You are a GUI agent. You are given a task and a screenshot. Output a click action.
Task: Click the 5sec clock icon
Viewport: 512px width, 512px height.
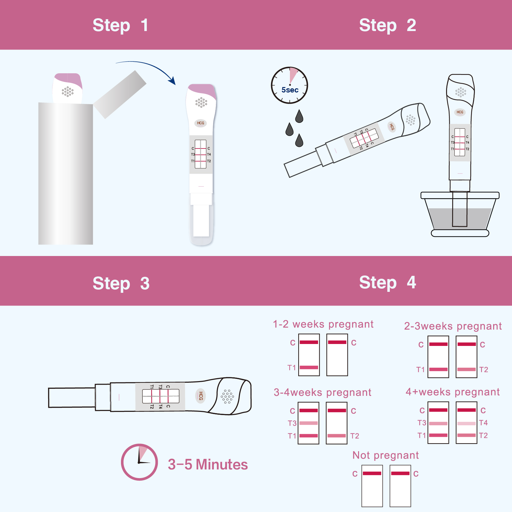pos(290,85)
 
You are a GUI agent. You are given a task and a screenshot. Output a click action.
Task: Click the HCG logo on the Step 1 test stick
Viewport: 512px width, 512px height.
pos(201,123)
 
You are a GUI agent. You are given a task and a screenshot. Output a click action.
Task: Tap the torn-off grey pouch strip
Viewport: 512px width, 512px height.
pos(120,94)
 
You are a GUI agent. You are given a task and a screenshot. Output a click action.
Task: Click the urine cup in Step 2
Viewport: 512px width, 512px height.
pos(460,214)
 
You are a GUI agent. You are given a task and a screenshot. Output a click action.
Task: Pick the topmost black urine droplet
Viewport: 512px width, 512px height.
pos(299,116)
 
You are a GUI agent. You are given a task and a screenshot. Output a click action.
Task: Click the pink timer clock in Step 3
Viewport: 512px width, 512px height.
pos(140,462)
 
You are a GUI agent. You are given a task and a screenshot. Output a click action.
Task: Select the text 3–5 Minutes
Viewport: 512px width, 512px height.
pos(208,464)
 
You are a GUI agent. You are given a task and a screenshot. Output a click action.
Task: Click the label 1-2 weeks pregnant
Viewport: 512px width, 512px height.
pos(323,324)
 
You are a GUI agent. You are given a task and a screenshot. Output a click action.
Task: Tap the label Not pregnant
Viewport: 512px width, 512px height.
pos(386,455)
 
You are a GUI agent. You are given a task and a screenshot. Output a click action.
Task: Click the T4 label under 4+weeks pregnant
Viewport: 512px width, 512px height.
pos(484,423)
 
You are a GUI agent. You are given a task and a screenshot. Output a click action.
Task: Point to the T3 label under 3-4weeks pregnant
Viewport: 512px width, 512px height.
pos(292,423)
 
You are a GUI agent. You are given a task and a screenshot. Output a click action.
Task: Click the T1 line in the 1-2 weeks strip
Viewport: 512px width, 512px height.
pos(309,367)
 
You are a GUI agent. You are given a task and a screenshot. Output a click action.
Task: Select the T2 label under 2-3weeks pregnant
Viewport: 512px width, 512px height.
pos(484,370)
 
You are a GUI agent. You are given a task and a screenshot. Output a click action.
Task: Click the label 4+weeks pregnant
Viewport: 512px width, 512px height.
pos(452,392)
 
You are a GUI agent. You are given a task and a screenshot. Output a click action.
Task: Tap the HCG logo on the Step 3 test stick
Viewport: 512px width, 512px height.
pos(201,396)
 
